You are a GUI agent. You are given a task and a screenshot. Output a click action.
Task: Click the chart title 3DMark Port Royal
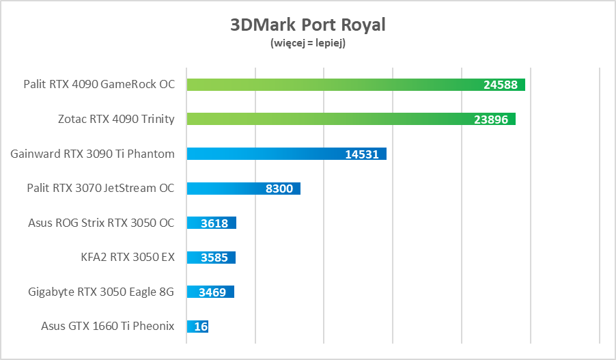point(308,25)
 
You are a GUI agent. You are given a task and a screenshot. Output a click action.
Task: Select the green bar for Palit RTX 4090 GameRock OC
point(328,85)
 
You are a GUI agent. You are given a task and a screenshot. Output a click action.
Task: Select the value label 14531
point(362,154)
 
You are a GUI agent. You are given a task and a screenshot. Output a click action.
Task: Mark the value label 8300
point(279,189)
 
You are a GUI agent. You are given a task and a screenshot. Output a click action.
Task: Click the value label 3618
point(215,223)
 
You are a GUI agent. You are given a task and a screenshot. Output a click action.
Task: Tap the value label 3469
point(213,292)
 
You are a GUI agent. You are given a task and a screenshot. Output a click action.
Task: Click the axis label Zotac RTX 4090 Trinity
point(116,120)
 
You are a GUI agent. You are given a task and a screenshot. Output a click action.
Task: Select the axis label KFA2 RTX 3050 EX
point(128,258)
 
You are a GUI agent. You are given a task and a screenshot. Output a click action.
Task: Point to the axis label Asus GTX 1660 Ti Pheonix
point(108,327)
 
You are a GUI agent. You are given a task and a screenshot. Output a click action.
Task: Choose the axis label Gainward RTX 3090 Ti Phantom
point(93,154)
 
